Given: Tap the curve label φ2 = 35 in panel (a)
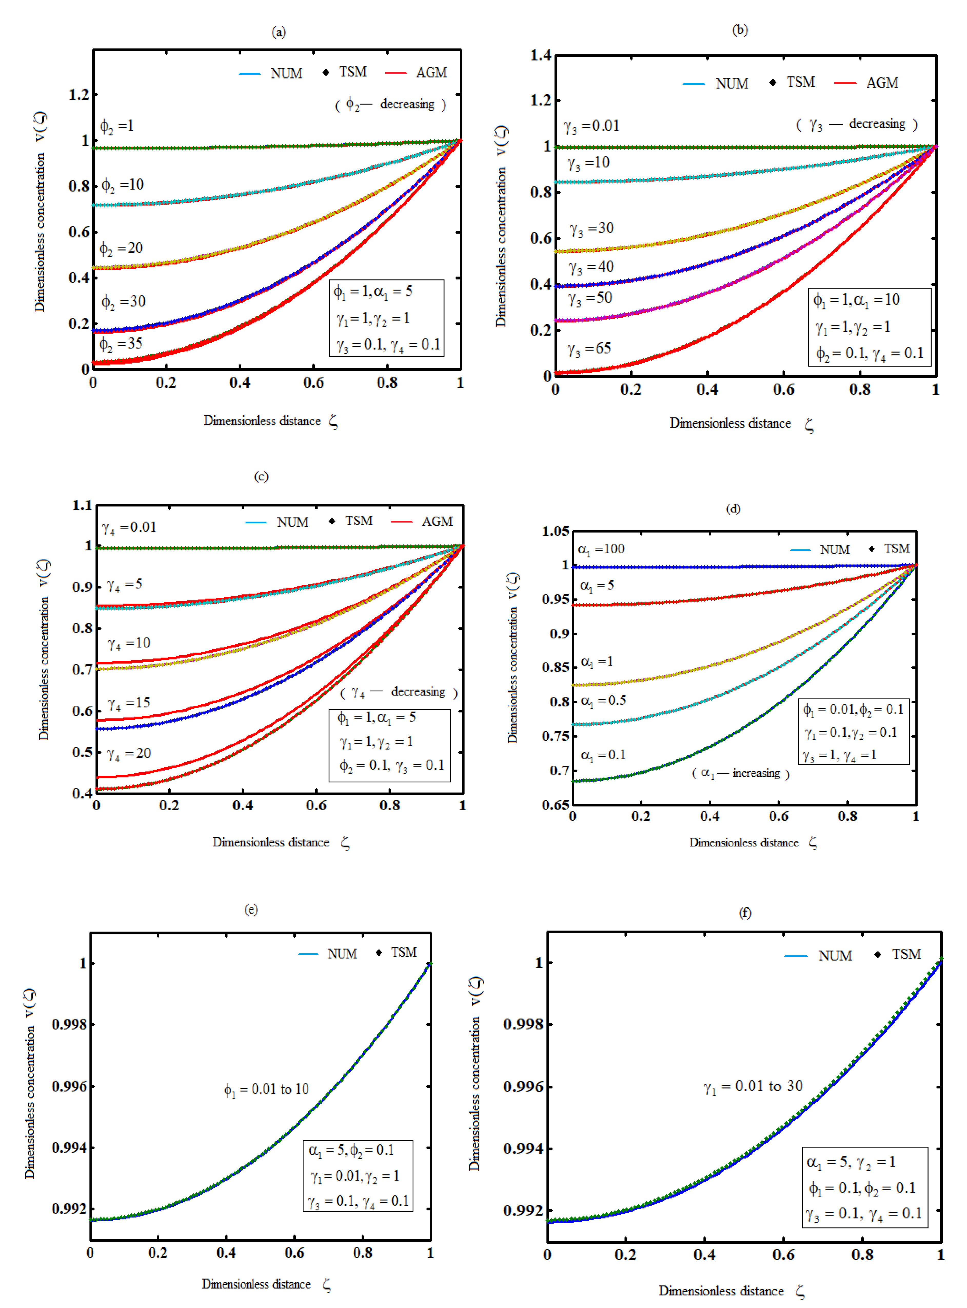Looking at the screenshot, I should point(121,344).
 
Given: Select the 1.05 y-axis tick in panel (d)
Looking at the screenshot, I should point(555,531).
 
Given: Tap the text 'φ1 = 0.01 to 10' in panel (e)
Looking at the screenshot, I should point(266,1090).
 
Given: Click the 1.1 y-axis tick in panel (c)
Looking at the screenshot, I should point(82,505).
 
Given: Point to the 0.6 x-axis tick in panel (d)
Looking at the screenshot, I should point(778,816).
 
